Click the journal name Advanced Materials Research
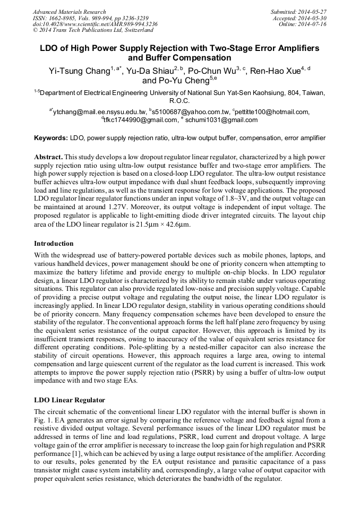coord(69,12)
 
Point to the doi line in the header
coord(95,24)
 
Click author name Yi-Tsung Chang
coord(79,70)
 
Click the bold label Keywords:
coord(51,138)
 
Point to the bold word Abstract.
coord(49,158)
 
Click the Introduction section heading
coord(54,244)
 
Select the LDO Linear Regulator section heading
coord(69,400)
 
